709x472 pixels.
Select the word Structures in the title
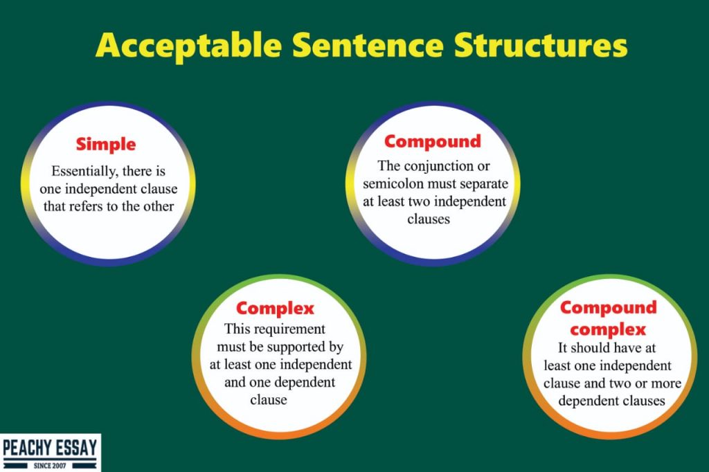click(x=541, y=45)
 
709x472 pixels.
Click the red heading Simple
click(x=106, y=145)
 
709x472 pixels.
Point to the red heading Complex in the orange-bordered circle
click(x=275, y=309)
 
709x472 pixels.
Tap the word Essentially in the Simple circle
click(x=84, y=172)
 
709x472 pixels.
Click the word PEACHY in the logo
click(x=27, y=448)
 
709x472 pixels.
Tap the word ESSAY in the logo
click(x=76, y=448)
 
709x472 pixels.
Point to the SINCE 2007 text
click(x=50, y=465)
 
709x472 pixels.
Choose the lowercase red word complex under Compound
click(x=608, y=330)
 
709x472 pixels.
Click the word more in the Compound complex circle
click(x=666, y=384)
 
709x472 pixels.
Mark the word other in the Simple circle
click(x=159, y=206)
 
